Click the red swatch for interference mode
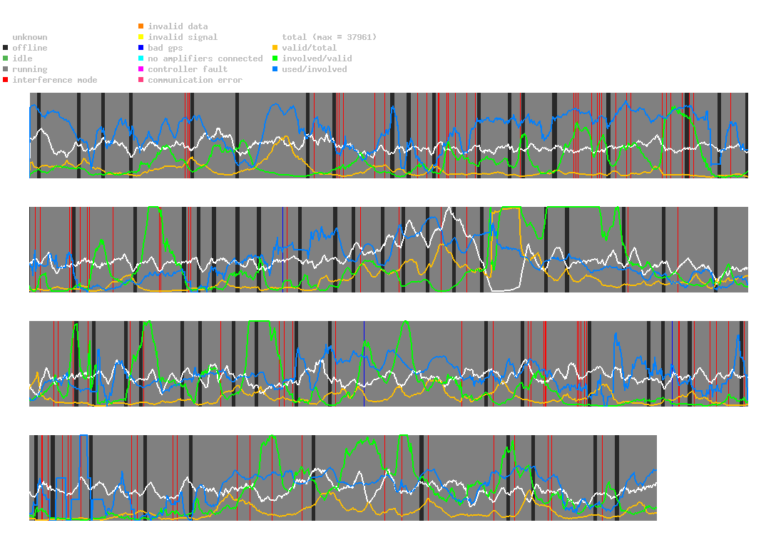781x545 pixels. (6, 80)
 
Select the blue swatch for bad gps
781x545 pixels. (141, 48)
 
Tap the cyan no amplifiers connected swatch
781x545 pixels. (141, 58)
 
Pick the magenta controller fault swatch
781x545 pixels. (141, 69)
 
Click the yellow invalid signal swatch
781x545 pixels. (141, 37)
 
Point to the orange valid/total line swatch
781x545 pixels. (275, 48)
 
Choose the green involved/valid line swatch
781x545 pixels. (275, 58)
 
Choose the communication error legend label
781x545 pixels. (195, 80)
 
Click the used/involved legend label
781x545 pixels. (315, 69)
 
